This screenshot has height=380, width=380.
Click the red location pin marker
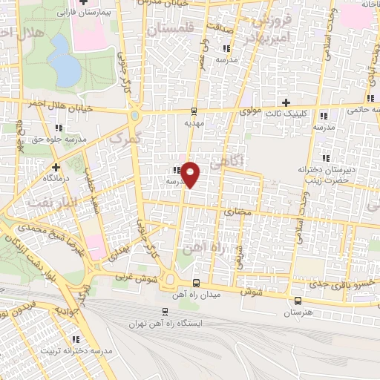pos(191,174)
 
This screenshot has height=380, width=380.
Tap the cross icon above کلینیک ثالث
pos(286,102)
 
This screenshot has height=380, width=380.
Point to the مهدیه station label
pos(194,124)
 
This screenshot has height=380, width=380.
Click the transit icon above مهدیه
pos(194,112)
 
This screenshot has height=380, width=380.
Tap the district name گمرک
pos(122,137)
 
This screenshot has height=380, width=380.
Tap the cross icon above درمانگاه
pos(56,167)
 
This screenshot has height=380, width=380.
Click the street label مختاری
pos(238,212)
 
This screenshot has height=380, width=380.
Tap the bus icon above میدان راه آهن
pos(196,283)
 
